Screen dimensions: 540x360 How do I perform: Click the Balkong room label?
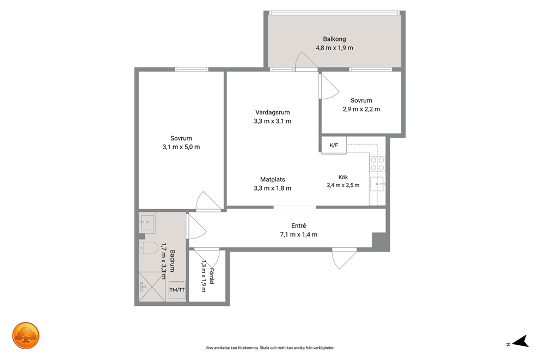click(334, 39)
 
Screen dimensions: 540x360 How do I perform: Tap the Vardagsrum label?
click(272, 112)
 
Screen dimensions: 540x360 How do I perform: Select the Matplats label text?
click(272, 180)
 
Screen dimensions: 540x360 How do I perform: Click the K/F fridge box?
click(334, 145)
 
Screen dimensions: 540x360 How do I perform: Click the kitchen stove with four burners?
click(377, 164)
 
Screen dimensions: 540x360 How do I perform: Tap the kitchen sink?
click(377, 184)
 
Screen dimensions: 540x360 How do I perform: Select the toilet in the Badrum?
click(149, 247)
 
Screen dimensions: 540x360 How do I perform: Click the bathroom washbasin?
click(147, 223)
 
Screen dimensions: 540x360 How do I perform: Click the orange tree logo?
click(26, 335)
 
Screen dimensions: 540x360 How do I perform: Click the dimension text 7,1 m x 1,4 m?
click(299, 235)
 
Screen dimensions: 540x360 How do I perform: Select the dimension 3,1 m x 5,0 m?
click(181, 147)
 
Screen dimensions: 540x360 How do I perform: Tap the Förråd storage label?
click(211, 276)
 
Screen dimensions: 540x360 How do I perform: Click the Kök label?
click(343, 178)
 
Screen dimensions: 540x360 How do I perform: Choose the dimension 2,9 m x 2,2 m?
click(361, 109)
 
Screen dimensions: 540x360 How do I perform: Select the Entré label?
click(299, 226)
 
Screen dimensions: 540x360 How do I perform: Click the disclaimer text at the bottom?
click(270, 348)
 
